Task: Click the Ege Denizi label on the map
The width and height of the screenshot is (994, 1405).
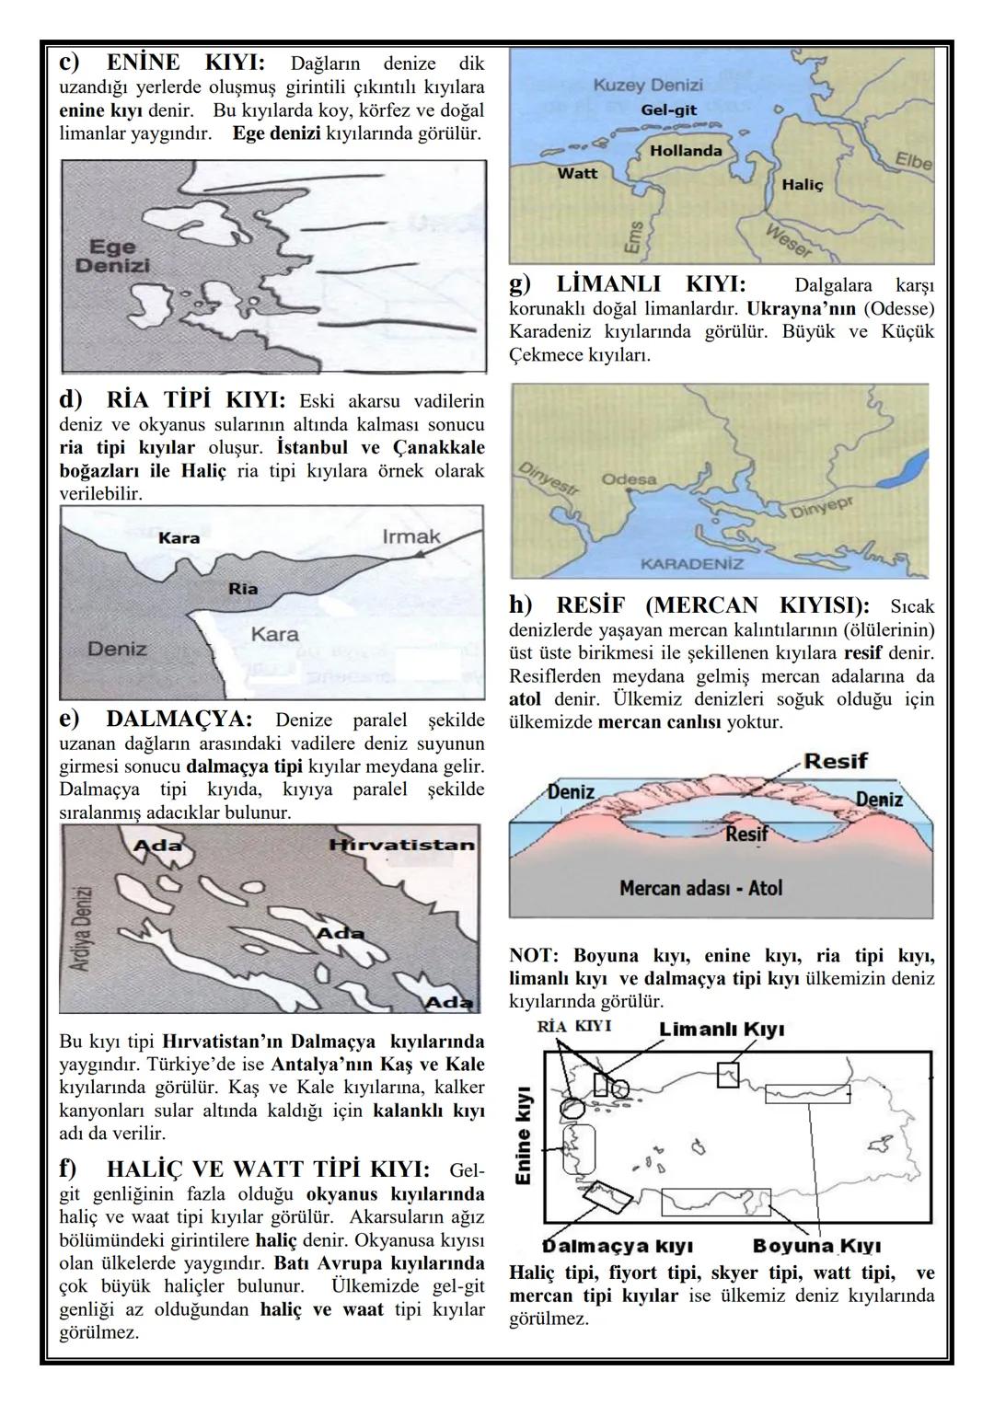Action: point(112,256)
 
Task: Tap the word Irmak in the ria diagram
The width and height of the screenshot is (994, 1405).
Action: point(410,536)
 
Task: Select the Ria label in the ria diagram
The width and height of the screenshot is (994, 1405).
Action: point(243,589)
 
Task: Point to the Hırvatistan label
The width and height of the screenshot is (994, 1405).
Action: point(402,845)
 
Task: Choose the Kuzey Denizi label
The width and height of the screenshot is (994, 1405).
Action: point(648,85)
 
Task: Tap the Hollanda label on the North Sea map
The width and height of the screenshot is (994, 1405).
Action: point(686,150)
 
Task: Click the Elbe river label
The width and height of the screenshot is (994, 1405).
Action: point(913,162)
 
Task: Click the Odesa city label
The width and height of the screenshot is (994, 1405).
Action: point(629,479)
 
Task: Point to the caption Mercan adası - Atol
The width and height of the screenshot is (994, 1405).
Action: point(700,888)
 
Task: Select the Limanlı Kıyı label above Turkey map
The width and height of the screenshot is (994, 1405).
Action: point(722,1030)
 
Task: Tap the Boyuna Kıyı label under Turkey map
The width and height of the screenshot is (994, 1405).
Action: point(816,1247)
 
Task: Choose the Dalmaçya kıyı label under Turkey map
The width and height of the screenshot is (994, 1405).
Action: point(618,1247)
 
